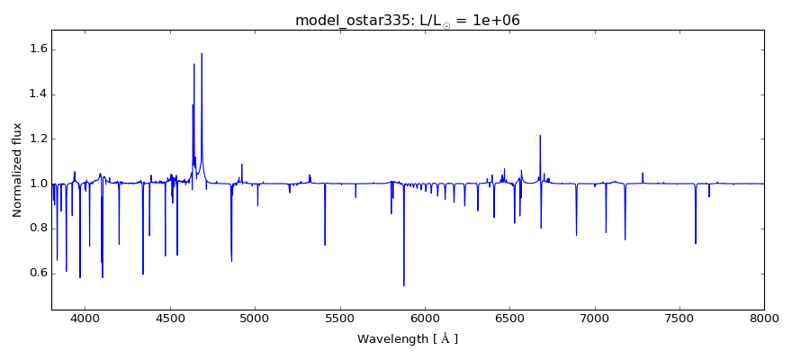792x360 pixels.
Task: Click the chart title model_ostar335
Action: coord(408,21)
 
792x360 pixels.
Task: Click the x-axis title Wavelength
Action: coord(408,339)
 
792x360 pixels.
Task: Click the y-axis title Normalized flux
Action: coord(18,170)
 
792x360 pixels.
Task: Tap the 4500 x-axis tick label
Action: coord(170,317)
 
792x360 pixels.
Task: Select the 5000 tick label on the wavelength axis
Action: coord(255,317)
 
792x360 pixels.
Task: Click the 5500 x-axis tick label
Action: coord(339,317)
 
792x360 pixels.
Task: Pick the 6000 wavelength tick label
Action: coord(425,317)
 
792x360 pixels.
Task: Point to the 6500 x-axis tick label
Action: coord(509,317)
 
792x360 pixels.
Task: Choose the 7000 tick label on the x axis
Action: coord(595,317)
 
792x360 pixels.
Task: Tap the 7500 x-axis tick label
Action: coord(679,317)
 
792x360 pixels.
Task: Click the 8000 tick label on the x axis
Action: coord(764,317)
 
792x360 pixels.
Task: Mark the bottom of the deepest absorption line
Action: coord(404,285)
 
